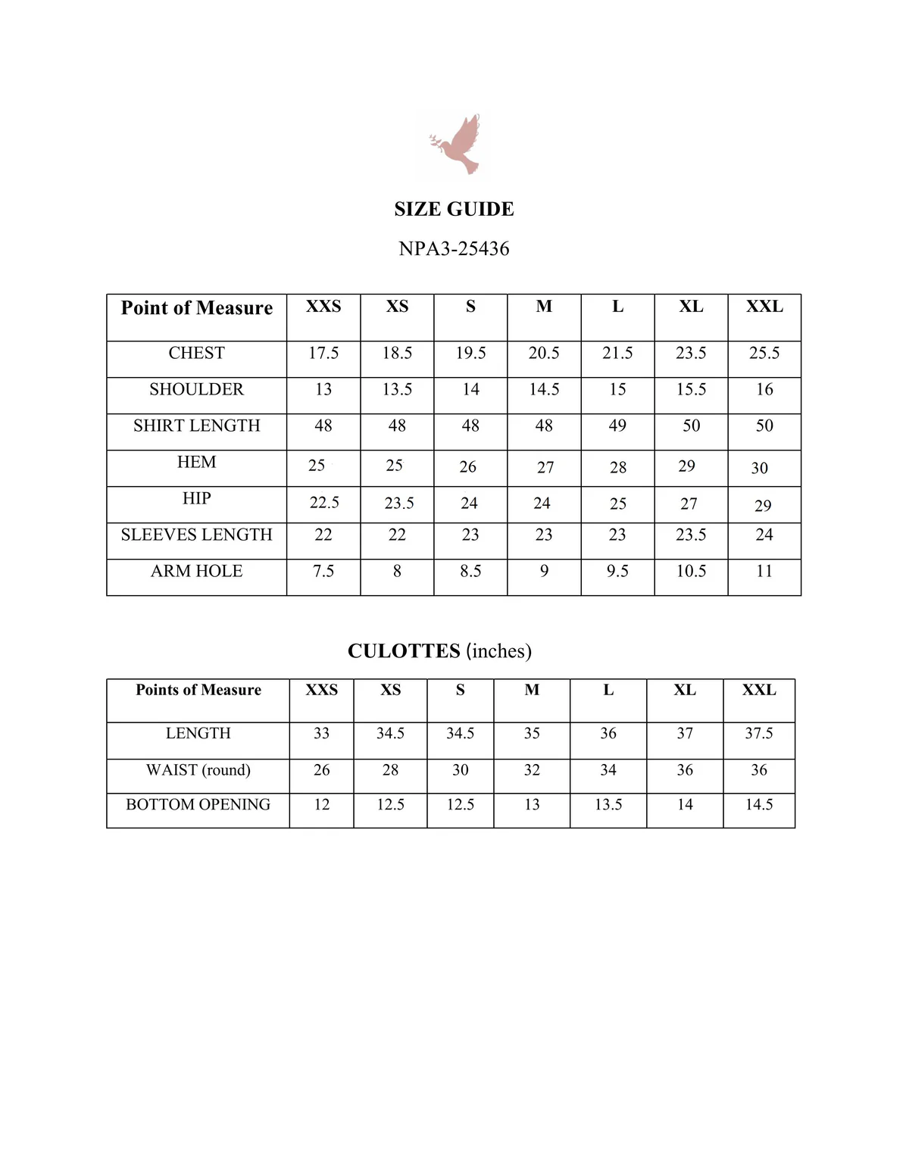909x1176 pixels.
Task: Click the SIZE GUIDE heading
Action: (x=454, y=209)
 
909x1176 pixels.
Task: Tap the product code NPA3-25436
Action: (x=454, y=248)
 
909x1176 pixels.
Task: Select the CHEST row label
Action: (x=196, y=353)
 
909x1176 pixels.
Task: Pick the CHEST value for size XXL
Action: (x=764, y=353)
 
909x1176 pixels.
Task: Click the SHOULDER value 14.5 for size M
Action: (x=544, y=389)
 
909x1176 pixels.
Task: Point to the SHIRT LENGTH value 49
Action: (x=617, y=426)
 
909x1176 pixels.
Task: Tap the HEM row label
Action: (x=196, y=462)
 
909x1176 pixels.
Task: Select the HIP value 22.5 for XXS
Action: (x=324, y=503)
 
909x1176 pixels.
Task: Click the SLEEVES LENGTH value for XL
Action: (x=691, y=535)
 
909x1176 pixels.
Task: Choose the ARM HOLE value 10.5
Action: (x=691, y=571)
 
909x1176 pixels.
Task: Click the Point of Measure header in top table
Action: (x=196, y=308)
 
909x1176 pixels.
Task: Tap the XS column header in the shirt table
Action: (x=397, y=307)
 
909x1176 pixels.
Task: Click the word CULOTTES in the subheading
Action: (x=404, y=651)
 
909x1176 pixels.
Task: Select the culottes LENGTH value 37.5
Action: (x=759, y=733)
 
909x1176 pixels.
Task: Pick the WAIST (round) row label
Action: (x=198, y=770)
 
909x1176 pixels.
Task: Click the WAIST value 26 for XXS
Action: (x=322, y=770)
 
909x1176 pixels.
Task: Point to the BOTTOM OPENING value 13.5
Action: (x=608, y=804)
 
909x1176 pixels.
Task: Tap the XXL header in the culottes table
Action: (x=759, y=690)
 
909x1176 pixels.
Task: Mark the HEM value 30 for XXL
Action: (x=760, y=468)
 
